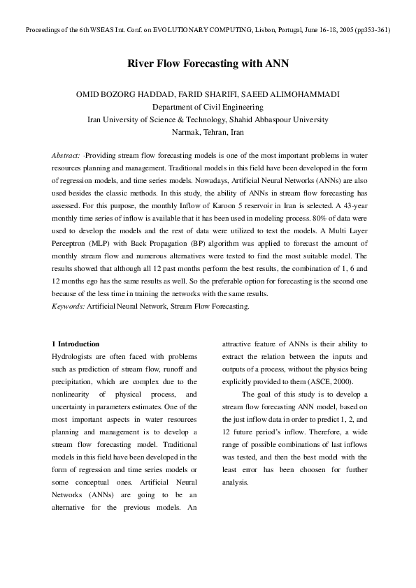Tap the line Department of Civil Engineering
pos(208,108)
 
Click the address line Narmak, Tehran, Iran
pos(208,132)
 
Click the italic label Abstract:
pos(66,154)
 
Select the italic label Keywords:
pos(69,306)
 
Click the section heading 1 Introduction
pos(76,344)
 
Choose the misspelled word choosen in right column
pos(306,469)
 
